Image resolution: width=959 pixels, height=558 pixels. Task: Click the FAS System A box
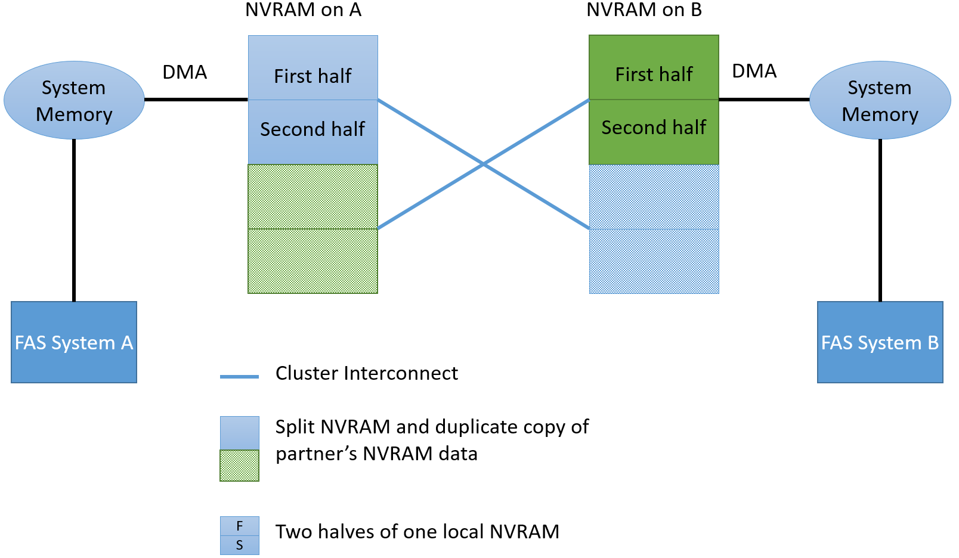click(74, 342)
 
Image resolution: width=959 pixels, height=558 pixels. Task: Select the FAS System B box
click(880, 342)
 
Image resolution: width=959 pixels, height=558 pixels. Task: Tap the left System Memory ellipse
click(74, 100)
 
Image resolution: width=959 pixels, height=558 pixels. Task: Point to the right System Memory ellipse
click(880, 100)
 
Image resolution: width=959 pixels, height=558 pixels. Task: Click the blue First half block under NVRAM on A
click(313, 68)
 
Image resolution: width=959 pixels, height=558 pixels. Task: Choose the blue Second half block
click(313, 132)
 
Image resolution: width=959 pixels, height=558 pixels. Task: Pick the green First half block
click(654, 67)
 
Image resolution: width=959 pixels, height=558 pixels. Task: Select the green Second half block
click(654, 132)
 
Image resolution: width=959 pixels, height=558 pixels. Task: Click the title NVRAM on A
click(303, 10)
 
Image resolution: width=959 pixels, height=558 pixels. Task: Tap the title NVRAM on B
click(644, 10)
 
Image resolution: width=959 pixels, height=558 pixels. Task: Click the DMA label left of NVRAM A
click(184, 72)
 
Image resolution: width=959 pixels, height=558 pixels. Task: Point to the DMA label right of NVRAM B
click(754, 71)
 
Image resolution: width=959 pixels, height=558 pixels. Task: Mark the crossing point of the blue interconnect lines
click(484, 163)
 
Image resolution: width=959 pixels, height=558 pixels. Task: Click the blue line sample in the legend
click(239, 377)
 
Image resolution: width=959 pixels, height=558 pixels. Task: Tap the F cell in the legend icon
click(239, 526)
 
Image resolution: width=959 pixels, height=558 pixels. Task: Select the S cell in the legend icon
click(239, 545)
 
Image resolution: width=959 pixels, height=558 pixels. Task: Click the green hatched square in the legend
click(239, 466)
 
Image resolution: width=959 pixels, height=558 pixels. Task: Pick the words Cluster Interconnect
click(366, 373)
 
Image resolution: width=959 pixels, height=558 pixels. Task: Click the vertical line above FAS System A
click(74, 221)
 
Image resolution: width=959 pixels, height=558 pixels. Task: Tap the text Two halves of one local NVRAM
click(417, 532)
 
